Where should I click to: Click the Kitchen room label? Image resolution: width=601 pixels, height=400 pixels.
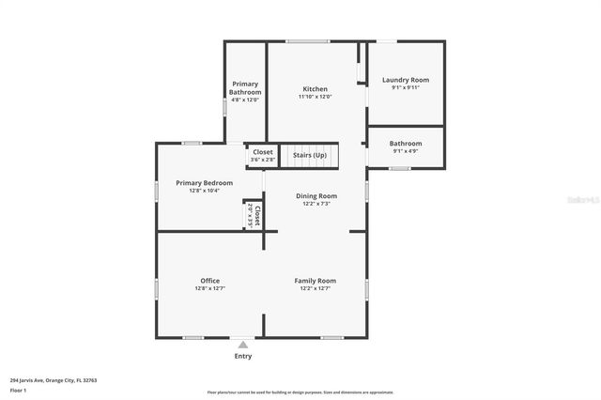pos(315,88)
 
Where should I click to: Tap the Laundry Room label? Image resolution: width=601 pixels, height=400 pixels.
pos(405,80)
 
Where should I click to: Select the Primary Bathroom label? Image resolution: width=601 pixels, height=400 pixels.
pos(245,87)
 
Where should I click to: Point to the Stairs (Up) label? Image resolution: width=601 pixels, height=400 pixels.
pos(310,154)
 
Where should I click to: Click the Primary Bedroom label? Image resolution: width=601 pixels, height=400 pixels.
pos(197,182)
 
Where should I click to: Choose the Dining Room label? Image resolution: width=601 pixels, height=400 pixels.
pos(316,195)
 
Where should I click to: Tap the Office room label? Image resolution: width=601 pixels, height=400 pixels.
pos(209,280)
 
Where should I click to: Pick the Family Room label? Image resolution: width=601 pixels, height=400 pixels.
pos(315,280)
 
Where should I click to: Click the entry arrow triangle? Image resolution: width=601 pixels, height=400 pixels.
pos(243,346)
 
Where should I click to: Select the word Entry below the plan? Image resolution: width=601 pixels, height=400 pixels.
pos(243,356)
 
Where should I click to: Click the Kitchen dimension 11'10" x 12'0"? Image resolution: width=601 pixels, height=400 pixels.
pos(315,97)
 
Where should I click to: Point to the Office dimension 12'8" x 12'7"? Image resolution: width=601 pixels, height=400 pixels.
pos(209,288)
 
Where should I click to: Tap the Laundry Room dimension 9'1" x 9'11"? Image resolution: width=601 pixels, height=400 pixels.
pos(405,88)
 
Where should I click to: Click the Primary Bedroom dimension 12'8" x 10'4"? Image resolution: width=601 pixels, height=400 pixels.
pos(197,191)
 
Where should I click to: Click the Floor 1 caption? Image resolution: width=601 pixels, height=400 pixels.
pos(19,390)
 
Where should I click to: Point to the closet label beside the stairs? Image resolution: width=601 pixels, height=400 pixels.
pos(262,151)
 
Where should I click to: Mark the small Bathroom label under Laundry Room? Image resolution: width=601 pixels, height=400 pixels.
pos(405,143)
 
